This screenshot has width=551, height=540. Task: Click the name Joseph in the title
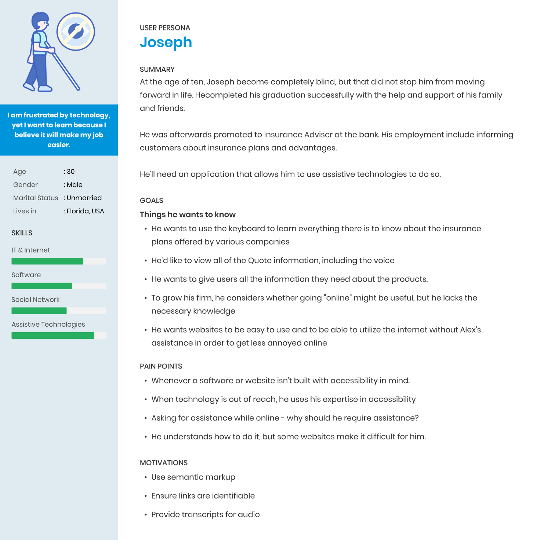coord(166,42)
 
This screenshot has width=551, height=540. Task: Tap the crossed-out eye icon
coord(76,32)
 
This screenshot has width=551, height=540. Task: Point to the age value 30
coord(70,172)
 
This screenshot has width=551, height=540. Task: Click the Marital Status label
coord(36,198)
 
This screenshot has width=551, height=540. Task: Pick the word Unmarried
coord(84,198)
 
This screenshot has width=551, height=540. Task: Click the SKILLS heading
coord(22,233)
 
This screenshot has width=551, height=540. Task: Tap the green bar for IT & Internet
coord(47,261)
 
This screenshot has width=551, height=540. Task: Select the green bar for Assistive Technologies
coord(52,335)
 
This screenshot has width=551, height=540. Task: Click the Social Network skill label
coord(36,300)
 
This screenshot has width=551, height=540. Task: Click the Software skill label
coord(26,275)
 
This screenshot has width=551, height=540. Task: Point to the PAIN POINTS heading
coord(161,366)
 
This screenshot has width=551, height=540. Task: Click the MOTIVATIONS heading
coord(164,463)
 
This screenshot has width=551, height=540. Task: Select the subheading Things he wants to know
coord(188,214)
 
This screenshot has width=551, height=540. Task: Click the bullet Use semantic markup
coord(193,477)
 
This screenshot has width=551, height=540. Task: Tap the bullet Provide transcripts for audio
coord(205,514)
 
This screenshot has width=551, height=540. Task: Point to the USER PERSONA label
coord(165,28)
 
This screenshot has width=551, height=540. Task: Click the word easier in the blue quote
coord(58,145)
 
